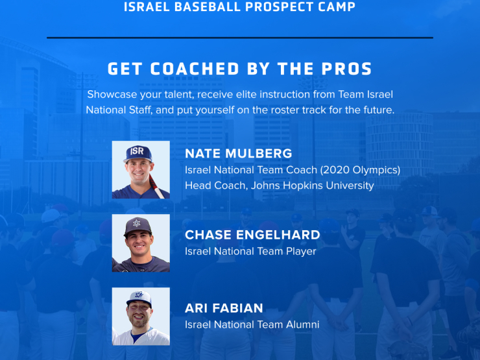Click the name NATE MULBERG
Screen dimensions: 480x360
239,153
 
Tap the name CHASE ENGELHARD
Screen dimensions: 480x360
252,235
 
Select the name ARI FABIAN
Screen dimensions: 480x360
224,308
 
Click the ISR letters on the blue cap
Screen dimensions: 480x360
137,151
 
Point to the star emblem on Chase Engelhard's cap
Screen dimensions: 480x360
137,223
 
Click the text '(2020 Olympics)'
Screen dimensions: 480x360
360,170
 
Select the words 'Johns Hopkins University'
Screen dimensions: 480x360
313,186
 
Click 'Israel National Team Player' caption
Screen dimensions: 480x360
250,251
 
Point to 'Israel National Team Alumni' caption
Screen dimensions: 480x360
252,324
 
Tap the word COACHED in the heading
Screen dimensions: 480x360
195,69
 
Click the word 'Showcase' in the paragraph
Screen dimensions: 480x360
112,94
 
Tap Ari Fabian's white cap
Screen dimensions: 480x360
139,298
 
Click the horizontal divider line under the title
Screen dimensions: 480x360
240,38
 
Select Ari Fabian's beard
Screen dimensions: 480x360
140,320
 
